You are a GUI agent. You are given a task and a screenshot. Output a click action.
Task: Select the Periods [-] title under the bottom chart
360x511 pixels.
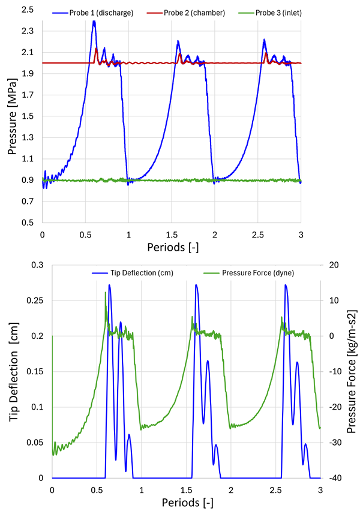[x=186, y=503]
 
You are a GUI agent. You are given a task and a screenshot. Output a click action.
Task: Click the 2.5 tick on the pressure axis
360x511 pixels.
[x=28, y=10]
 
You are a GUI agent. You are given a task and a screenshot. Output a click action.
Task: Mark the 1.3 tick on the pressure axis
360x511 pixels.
[x=28, y=138]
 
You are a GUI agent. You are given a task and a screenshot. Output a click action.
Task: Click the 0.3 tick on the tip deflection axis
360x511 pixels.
[x=38, y=264]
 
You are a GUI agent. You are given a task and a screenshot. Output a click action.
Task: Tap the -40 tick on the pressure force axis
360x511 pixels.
[x=332, y=478]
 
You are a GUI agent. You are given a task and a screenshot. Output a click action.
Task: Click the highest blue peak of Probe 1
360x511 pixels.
[x=94, y=22]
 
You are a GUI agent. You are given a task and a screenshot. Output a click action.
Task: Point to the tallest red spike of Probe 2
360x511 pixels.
[x=97, y=48]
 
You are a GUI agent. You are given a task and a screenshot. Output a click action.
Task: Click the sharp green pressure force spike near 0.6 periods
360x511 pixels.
[x=106, y=292]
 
